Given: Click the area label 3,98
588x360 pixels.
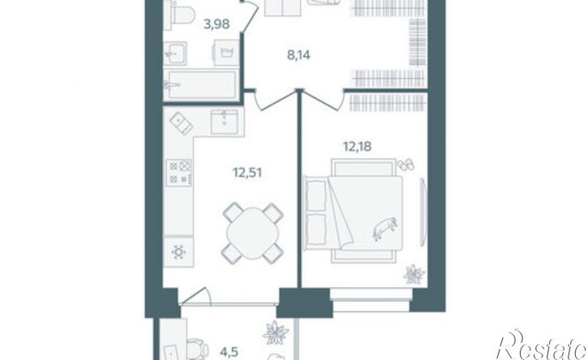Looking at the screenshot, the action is (x=217, y=24).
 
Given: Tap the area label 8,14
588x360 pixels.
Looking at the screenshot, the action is (x=298, y=55).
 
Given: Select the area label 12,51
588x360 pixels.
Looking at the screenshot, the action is (x=247, y=174).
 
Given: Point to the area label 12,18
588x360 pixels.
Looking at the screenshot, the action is (x=357, y=146).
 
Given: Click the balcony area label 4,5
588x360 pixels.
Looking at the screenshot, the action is (x=230, y=353).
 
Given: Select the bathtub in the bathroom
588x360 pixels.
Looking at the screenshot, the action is (x=201, y=85).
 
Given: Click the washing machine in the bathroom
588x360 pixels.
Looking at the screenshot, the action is (x=226, y=53).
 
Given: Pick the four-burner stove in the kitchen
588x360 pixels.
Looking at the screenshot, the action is (x=179, y=172).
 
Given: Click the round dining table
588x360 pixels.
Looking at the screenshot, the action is (x=253, y=233).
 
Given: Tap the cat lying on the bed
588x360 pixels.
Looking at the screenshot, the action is (x=384, y=228).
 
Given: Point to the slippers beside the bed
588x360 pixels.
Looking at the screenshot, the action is (x=406, y=165).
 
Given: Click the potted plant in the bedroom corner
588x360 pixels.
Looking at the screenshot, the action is (x=414, y=274).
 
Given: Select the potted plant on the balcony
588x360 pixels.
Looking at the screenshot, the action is (x=276, y=332).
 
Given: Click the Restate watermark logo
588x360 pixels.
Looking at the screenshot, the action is (x=542, y=345).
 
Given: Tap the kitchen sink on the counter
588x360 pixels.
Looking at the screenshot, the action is (x=224, y=122).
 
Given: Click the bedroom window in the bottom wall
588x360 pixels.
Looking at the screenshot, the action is (x=370, y=300).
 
